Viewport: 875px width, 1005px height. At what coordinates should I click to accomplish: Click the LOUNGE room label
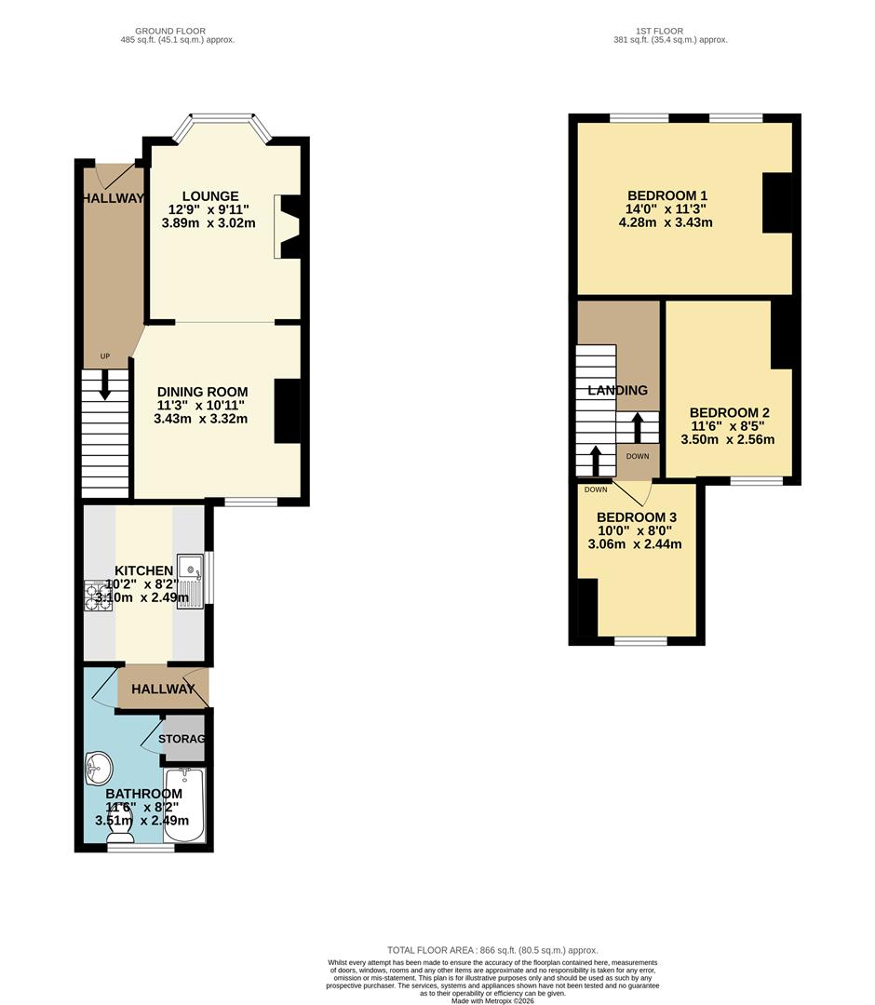[x=209, y=196]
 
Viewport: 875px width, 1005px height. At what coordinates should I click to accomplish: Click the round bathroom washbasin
[x=98, y=769]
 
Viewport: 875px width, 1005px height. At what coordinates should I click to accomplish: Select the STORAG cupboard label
[x=182, y=739]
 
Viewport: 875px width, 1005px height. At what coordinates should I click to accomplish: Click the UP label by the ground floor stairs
[x=105, y=356]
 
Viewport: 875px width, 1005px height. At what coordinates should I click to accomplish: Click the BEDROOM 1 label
[x=667, y=195]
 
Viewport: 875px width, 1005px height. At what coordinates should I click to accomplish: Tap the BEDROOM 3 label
[x=636, y=517]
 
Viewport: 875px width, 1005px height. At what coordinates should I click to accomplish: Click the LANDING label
[x=617, y=391]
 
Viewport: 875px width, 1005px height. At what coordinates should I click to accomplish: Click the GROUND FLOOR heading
[x=170, y=31]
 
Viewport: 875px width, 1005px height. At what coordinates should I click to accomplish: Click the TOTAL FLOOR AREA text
[x=492, y=950]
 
